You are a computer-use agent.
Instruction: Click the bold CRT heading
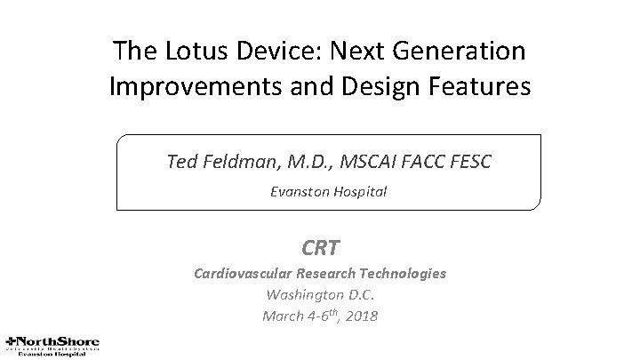[320, 246]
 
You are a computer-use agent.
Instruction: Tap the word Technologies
[402, 274]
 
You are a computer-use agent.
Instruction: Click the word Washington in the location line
[304, 294]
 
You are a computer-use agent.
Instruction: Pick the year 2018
[359, 316]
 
